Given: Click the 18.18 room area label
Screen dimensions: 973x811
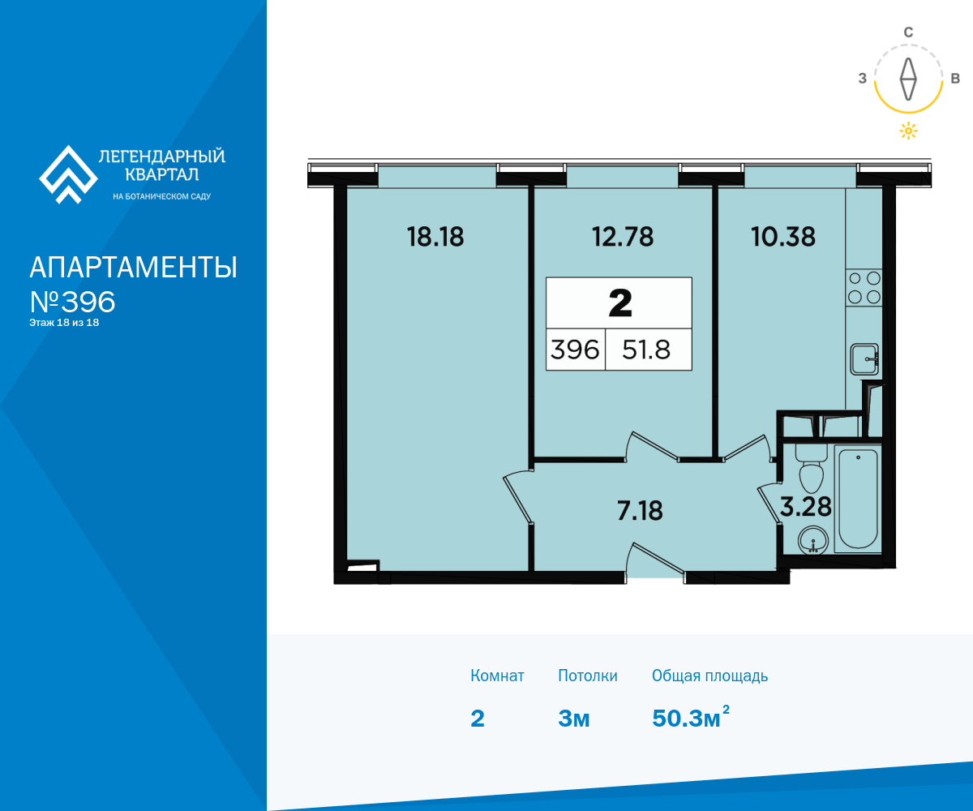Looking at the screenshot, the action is [435, 237].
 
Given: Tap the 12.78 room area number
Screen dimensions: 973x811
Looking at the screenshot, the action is [623, 237].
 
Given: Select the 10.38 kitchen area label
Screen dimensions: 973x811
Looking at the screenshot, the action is [783, 237].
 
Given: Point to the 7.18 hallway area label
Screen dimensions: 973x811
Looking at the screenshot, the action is [640, 510].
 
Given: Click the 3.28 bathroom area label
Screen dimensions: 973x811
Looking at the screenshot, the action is [806, 507].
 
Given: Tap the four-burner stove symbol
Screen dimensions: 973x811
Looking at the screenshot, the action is [864, 288].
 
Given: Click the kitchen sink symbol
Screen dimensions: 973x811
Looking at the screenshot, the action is [865, 359].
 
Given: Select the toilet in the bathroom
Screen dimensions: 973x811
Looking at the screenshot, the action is [812, 468].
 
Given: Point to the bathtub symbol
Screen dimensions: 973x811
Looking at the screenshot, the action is [858, 499].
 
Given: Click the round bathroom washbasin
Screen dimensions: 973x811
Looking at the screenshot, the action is [813, 541].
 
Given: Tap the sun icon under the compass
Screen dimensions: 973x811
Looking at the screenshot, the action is [908, 131].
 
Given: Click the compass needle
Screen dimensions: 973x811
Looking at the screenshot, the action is [908, 79].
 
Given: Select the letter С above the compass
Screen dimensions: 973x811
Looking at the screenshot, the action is [908, 32].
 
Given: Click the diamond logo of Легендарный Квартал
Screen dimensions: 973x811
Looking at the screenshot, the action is [68, 174].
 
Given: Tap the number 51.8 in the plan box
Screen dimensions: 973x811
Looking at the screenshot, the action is [646, 350].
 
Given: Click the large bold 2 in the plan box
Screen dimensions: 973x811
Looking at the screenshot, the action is [620, 303].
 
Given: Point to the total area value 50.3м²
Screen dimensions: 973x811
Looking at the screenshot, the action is [691, 717].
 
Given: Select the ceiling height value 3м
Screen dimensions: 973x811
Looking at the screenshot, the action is [573, 719].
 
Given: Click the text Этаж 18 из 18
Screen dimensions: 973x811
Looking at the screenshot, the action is [64, 323].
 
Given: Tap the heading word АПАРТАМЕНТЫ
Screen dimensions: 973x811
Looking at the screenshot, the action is [133, 267].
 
